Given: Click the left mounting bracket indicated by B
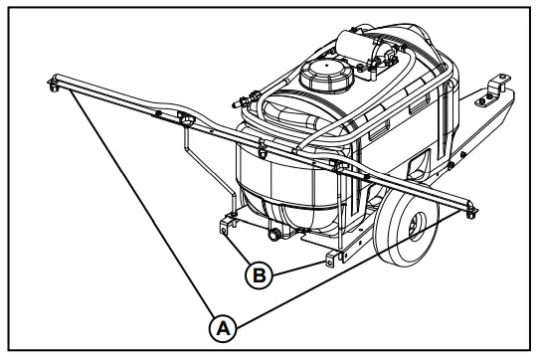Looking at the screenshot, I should click(230, 220).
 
